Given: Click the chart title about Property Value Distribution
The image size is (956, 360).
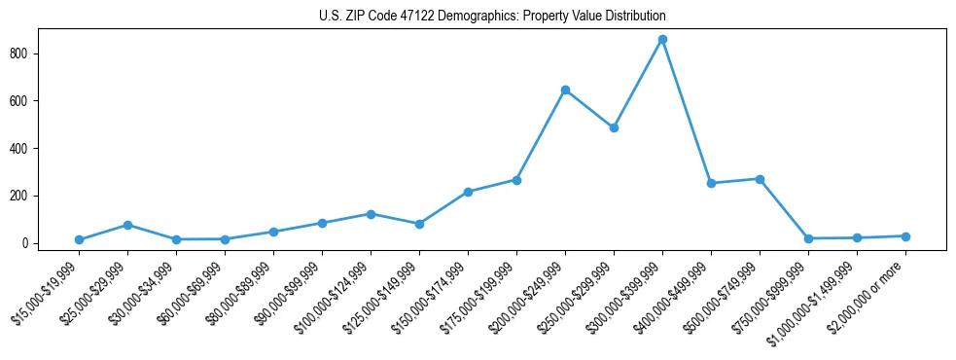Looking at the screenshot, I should click(x=492, y=17).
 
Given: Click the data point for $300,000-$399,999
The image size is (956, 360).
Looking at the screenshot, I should click(x=662, y=40).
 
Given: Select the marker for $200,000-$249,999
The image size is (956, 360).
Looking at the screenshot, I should click(x=565, y=90).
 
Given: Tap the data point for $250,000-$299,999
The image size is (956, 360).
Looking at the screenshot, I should click(x=614, y=127).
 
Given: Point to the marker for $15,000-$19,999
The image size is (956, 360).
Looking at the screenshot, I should click(x=79, y=239).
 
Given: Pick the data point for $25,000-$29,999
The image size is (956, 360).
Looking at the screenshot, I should click(x=127, y=225).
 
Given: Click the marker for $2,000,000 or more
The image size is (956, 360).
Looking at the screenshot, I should click(x=905, y=236).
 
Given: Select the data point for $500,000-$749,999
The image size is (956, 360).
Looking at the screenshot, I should click(x=760, y=179).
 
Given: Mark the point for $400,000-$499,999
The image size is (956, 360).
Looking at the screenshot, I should click(x=711, y=183).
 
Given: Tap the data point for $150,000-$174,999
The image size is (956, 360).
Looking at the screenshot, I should click(x=468, y=192).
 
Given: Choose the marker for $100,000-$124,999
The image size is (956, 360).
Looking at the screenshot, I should click(x=371, y=214).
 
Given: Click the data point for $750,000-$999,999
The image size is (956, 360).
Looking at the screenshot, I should click(x=808, y=238).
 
